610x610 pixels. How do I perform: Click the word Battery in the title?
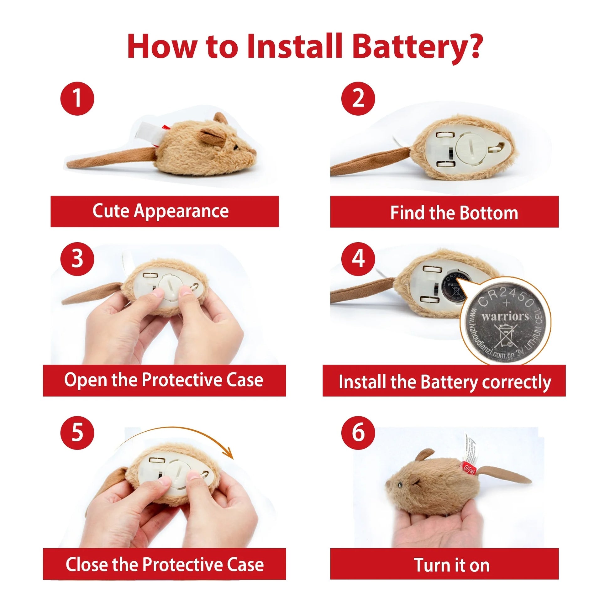point(417,47)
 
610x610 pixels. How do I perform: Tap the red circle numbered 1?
point(77,98)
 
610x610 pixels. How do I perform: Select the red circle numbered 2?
point(358,98)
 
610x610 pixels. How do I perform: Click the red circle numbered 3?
point(77,259)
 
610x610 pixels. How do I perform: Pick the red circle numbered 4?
point(358,259)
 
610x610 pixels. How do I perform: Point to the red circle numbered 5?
point(77,433)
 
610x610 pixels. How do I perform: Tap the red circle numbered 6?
point(358,433)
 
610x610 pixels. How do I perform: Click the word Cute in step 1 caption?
point(111,211)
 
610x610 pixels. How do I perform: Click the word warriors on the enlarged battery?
point(505,316)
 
